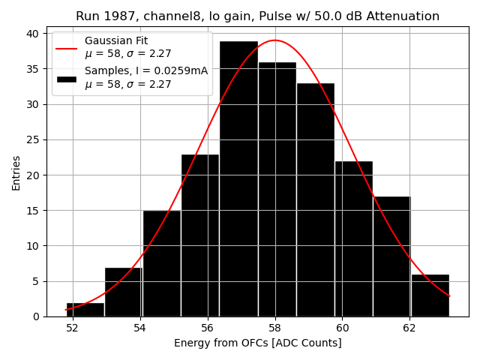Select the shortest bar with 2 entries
click(x=85, y=309)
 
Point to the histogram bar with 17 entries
click(x=391, y=256)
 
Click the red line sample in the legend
click(x=67, y=47)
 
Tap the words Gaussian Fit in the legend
click(x=115, y=40)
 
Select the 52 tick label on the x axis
click(x=73, y=328)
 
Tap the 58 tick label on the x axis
click(x=275, y=328)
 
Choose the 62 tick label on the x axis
click(x=409, y=328)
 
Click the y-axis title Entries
click(x=16, y=172)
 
